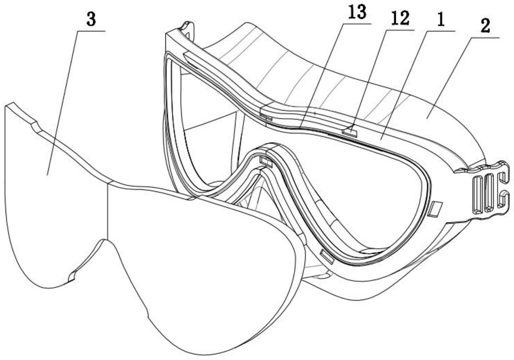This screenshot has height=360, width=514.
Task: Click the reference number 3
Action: click(91, 20)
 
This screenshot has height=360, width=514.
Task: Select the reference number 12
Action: click(401, 19)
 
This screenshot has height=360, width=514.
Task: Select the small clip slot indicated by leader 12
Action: click(350, 132)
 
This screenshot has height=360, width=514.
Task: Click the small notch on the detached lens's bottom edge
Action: click(72, 277)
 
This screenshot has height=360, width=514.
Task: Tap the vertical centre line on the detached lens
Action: click(108, 212)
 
